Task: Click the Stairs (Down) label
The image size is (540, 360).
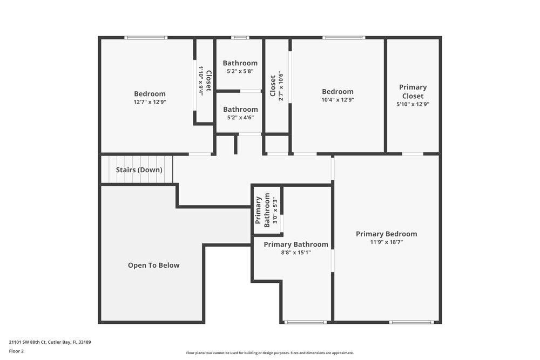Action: point(139,170)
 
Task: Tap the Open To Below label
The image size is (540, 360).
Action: point(153,265)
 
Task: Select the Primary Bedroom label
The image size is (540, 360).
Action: point(386,234)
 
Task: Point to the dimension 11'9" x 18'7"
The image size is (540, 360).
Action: point(386,242)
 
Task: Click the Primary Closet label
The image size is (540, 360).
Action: point(413,91)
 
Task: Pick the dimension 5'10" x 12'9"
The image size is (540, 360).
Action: point(413,104)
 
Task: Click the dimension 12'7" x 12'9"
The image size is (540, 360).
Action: point(150,101)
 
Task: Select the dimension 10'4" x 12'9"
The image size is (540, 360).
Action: point(337,99)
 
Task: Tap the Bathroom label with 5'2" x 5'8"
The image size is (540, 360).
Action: point(240,63)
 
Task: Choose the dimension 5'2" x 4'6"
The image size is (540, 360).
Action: point(240,117)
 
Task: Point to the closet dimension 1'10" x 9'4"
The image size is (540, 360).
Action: point(201,80)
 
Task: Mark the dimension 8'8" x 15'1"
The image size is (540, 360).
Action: point(295,252)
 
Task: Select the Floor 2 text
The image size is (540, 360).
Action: point(16,351)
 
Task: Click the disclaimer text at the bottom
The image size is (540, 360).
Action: point(270,352)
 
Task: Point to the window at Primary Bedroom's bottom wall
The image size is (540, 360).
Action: point(411,322)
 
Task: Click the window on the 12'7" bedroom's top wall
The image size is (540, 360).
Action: point(146,37)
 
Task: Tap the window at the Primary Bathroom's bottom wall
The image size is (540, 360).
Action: point(306,322)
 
